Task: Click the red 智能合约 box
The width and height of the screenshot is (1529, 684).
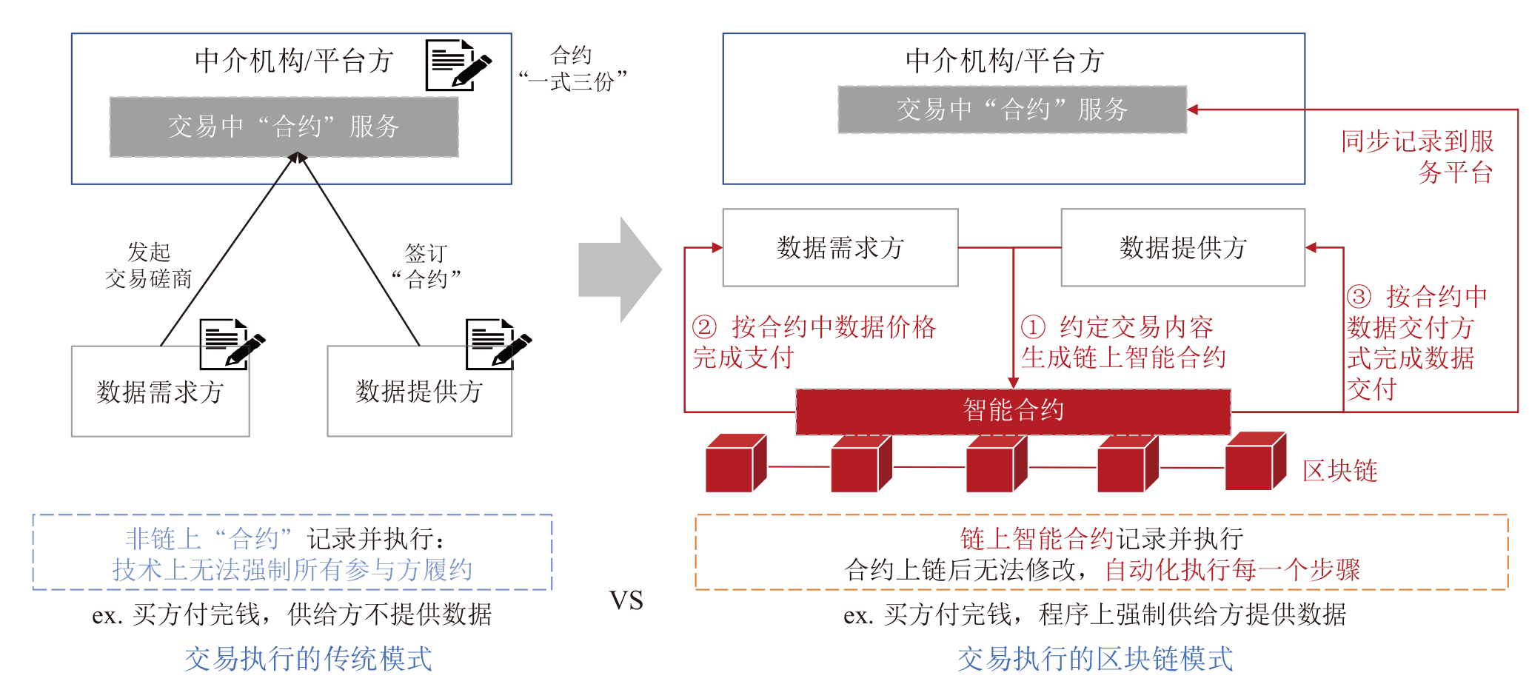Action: (1013, 412)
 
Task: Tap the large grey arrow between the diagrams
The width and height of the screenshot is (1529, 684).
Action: (619, 270)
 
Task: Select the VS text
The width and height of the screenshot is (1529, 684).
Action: (626, 600)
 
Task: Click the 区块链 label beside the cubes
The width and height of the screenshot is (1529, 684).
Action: (1340, 471)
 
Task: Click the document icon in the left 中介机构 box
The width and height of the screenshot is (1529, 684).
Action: (457, 65)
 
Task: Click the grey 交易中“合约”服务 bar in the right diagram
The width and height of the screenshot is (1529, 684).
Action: (1011, 110)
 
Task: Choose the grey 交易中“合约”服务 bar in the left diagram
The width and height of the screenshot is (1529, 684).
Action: (284, 127)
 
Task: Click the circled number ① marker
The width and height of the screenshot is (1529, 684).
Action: (1033, 326)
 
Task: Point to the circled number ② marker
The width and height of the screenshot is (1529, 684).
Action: (704, 326)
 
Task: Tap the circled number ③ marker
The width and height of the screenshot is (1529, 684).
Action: (1359, 297)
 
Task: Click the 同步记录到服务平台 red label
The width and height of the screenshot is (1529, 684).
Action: (1417, 156)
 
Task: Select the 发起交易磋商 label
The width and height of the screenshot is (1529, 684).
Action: (149, 265)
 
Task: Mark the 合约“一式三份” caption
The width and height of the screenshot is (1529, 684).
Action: (572, 68)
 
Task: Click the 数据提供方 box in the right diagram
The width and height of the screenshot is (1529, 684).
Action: (1182, 247)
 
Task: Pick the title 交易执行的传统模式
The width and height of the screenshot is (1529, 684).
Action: (308, 658)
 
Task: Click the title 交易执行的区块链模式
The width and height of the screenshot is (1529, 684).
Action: (1095, 658)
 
